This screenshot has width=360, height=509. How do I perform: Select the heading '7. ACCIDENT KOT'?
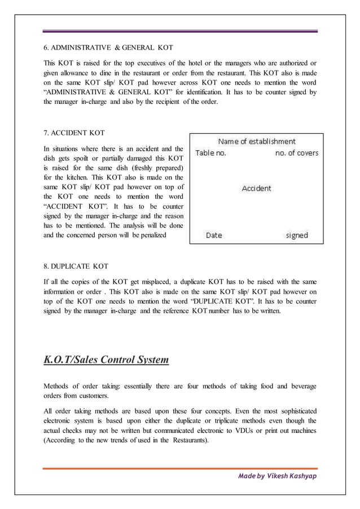(74, 134)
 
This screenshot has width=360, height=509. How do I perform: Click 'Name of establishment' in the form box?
(257, 142)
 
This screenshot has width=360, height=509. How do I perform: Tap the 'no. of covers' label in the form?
(297, 153)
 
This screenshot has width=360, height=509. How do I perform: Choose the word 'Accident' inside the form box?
(256, 188)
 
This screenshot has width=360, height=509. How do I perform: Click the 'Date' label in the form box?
(214, 235)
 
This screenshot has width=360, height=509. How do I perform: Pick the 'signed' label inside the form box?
(297, 235)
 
